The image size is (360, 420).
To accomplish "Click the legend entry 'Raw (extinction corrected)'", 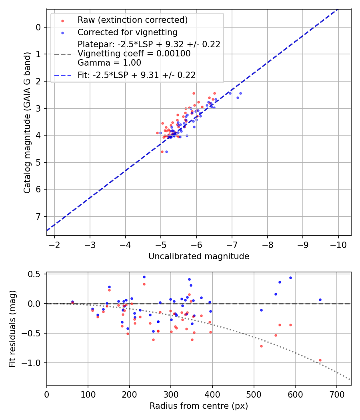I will [x=132, y=20].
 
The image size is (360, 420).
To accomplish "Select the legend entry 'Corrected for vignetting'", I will [x=128, y=32].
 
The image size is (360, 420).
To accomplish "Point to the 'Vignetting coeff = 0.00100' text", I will [x=134, y=54].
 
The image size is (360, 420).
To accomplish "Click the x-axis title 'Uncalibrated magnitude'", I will [x=199, y=256].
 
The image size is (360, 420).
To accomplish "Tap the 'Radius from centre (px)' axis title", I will [x=199, y=406].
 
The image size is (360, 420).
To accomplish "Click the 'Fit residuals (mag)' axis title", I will [x=12, y=329].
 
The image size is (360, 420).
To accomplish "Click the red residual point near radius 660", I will [x=320, y=360].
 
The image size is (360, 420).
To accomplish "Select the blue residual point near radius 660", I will [x=320, y=300].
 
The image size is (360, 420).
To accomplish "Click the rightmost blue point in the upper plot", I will [x=240, y=93].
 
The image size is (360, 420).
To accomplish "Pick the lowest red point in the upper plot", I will [x=162, y=152].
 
